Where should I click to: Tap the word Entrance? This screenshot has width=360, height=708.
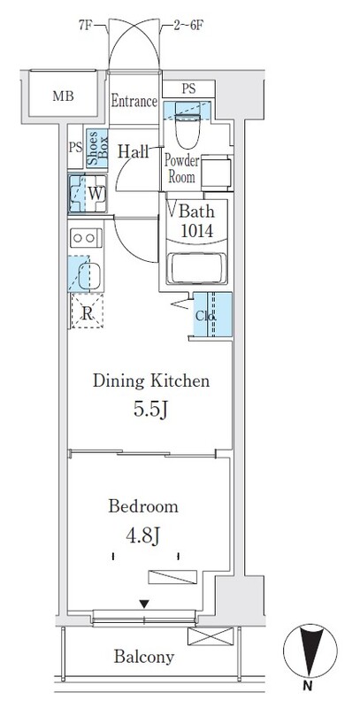coord(134,102)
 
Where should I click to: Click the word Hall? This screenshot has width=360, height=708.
coord(133,150)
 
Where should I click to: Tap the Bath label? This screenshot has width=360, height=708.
coord(196,212)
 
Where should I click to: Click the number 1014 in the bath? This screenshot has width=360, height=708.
coord(196,231)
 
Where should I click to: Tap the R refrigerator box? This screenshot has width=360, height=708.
coord(87,312)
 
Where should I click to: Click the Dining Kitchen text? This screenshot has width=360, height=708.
coord(151,381)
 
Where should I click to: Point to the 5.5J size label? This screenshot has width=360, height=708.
coord(152,412)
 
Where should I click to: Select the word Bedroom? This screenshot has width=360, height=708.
coord(143,507)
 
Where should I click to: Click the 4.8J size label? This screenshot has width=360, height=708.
coord(143,536)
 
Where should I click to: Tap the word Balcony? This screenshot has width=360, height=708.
coord(144,658)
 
